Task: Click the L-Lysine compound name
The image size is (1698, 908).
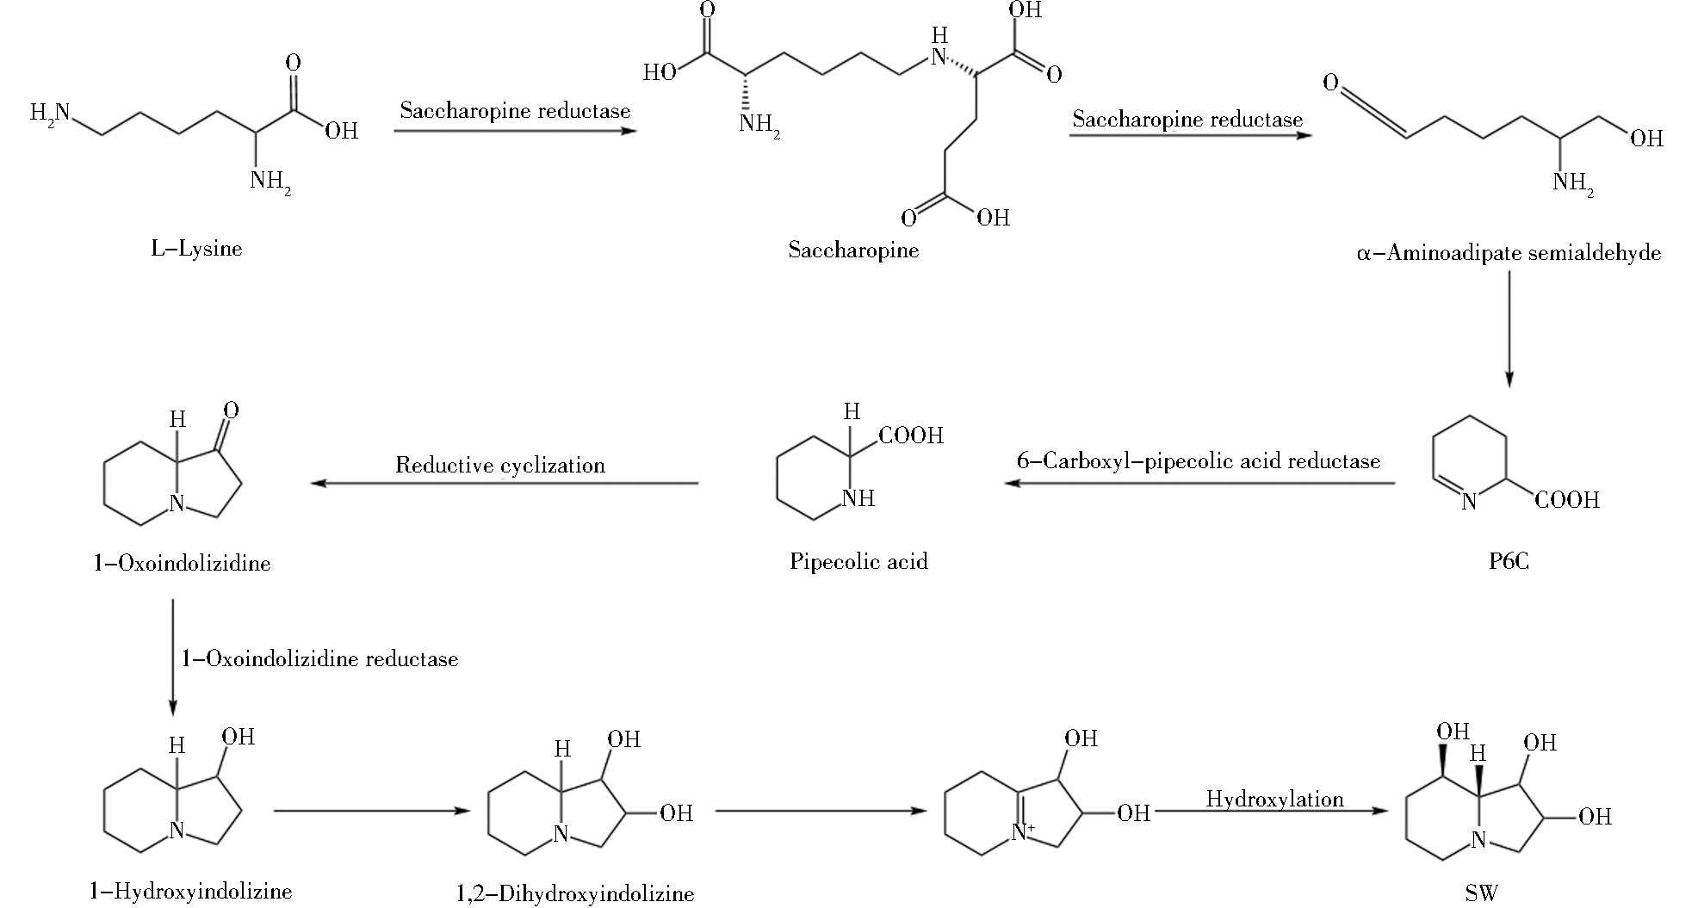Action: pyautogui.click(x=196, y=250)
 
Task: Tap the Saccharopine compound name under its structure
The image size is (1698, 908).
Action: pyautogui.click(x=853, y=250)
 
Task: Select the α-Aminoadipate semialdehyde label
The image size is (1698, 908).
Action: pyautogui.click(x=1508, y=253)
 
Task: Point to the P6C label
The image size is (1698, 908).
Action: pyautogui.click(x=1509, y=563)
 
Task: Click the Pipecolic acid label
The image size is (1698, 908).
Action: pyautogui.click(x=858, y=562)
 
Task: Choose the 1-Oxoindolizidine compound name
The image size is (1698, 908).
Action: pyautogui.click(x=183, y=564)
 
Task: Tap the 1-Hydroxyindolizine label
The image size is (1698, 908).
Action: pyautogui.click(x=190, y=891)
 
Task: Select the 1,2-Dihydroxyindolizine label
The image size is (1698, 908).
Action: pyautogui.click(x=575, y=893)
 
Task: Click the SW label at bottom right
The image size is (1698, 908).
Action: pyautogui.click(x=1481, y=893)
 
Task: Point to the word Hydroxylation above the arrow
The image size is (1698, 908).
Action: pyautogui.click(x=1274, y=799)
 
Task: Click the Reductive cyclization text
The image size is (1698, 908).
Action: pyautogui.click(x=500, y=466)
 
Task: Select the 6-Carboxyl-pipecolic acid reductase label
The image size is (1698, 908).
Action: pyautogui.click(x=1198, y=461)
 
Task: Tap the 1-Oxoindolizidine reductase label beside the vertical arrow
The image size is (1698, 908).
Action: pyautogui.click(x=319, y=659)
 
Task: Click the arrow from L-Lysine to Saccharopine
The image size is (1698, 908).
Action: pyautogui.click(x=515, y=131)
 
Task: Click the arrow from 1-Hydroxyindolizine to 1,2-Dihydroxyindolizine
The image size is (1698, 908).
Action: pyautogui.click(x=372, y=811)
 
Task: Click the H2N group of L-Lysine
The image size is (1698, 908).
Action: pyautogui.click(x=49, y=113)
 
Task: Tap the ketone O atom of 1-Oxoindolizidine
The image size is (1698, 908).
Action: pyautogui.click(x=230, y=411)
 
